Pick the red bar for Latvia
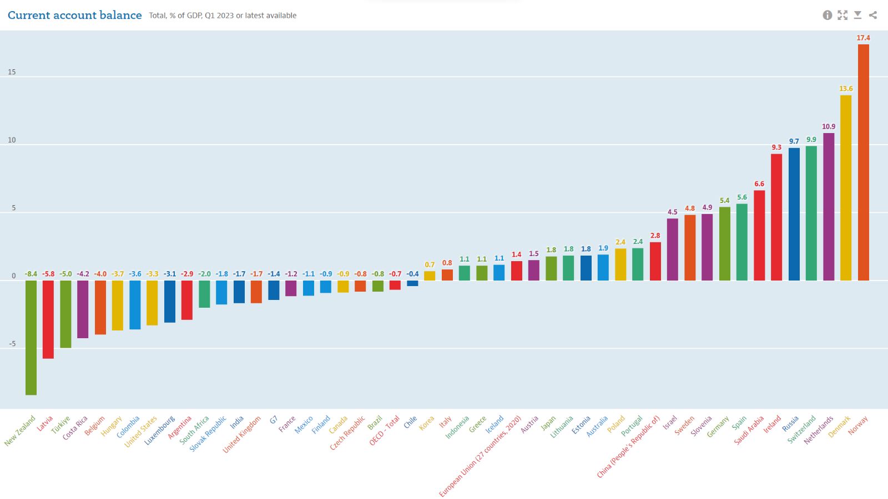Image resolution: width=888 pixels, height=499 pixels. coord(48,319)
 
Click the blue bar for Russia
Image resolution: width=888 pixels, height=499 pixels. coord(794,214)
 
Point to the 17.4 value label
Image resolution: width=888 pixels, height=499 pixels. coord(863,38)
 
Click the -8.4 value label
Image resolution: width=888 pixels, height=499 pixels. coord(31,274)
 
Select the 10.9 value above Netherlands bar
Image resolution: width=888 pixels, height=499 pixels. coord(829,126)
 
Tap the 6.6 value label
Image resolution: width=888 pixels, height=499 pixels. coord(759,184)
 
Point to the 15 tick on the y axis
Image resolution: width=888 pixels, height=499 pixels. coord(12,72)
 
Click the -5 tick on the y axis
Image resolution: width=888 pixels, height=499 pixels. coord(12,344)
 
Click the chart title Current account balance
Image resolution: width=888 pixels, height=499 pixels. coord(75,16)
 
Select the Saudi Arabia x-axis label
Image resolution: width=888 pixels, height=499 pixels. coord(750,430)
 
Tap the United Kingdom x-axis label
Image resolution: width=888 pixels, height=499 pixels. coord(243,435)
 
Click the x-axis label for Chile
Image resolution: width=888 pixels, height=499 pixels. coord(411,422)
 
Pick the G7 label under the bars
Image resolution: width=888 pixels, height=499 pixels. coord(274,420)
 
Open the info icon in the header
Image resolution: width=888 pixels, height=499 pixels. coord(827,15)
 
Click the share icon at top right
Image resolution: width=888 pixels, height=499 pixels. coord(873,15)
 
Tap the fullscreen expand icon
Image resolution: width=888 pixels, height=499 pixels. coord(842,15)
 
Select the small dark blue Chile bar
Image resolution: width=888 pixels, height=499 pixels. coord(412,283)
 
